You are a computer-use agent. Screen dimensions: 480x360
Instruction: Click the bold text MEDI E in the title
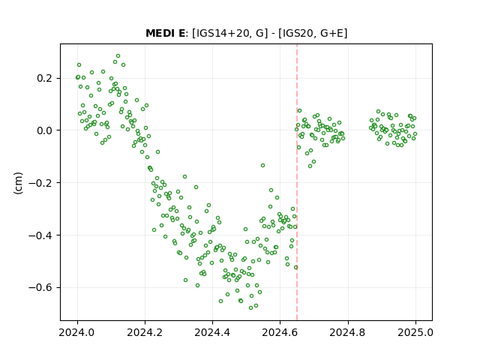(165, 33)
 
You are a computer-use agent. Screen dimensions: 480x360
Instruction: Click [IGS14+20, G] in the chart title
(228, 33)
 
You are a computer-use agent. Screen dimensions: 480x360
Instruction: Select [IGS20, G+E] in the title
(313, 33)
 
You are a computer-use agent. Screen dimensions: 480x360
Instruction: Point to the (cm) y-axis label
(18, 183)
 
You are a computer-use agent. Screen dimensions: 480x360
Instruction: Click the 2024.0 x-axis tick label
(77, 332)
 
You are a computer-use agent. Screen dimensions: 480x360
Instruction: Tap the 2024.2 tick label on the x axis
(145, 332)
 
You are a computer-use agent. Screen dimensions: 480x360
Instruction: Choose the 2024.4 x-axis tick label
(212, 332)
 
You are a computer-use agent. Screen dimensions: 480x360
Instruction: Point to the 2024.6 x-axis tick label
(280, 332)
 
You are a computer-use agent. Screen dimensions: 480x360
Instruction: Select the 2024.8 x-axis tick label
(347, 332)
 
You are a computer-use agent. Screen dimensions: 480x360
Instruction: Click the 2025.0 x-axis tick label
(415, 332)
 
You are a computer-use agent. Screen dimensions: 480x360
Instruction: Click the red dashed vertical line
(297, 182)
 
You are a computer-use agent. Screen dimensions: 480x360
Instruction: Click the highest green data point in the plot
(118, 56)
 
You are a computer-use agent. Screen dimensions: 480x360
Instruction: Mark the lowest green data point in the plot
(251, 307)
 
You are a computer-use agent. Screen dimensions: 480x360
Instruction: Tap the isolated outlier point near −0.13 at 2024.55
(262, 165)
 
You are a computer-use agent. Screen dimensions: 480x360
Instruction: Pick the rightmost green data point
(415, 133)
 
